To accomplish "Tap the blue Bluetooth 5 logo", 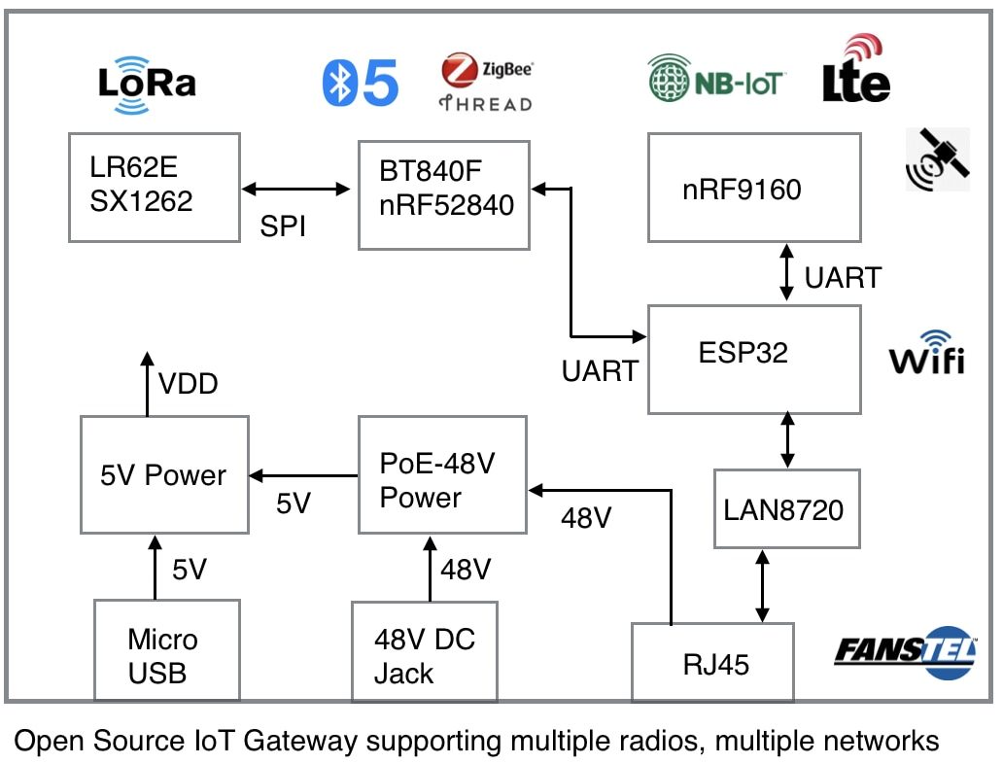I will [x=361, y=83].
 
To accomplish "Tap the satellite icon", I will [x=936, y=158].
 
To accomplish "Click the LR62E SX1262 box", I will [x=154, y=188].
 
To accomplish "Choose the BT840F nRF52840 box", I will [x=443, y=194].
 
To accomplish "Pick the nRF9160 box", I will [x=754, y=188].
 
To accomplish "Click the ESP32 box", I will [x=754, y=359].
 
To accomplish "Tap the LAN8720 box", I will [x=786, y=509].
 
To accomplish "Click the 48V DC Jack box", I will [x=424, y=656].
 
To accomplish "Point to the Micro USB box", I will [x=166, y=656].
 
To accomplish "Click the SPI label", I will [x=283, y=226].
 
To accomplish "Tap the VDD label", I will [x=189, y=384].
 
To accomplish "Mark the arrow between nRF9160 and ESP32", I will [x=786, y=273].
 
